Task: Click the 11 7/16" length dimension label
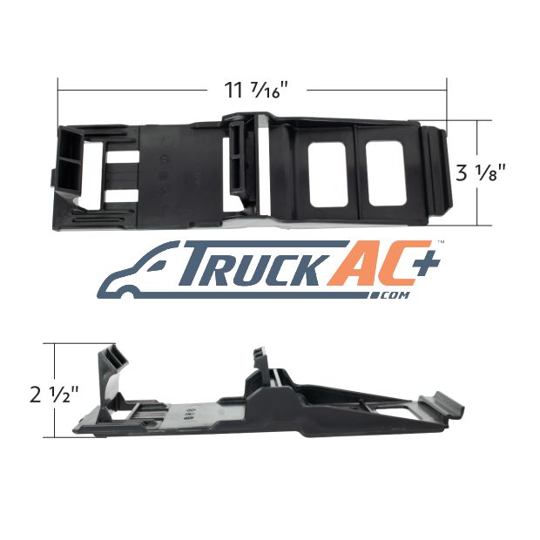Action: (x=255, y=91)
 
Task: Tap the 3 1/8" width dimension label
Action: (x=481, y=172)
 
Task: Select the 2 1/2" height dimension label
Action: (x=54, y=395)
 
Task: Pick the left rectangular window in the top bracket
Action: (x=327, y=175)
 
